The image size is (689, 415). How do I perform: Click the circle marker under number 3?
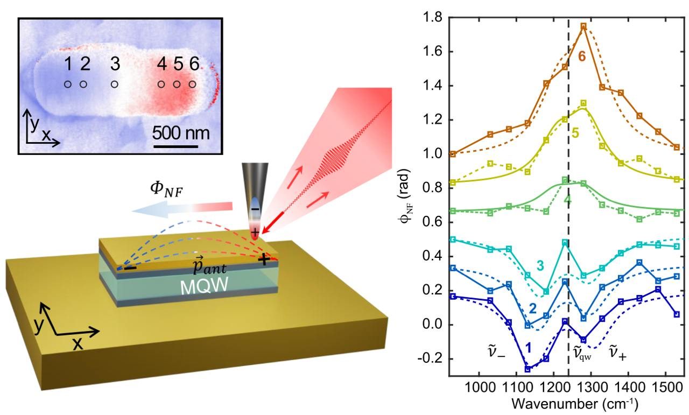tap(114, 85)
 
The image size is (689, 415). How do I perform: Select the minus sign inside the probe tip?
tap(255, 209)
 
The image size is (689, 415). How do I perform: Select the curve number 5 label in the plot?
tap(575, 133)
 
